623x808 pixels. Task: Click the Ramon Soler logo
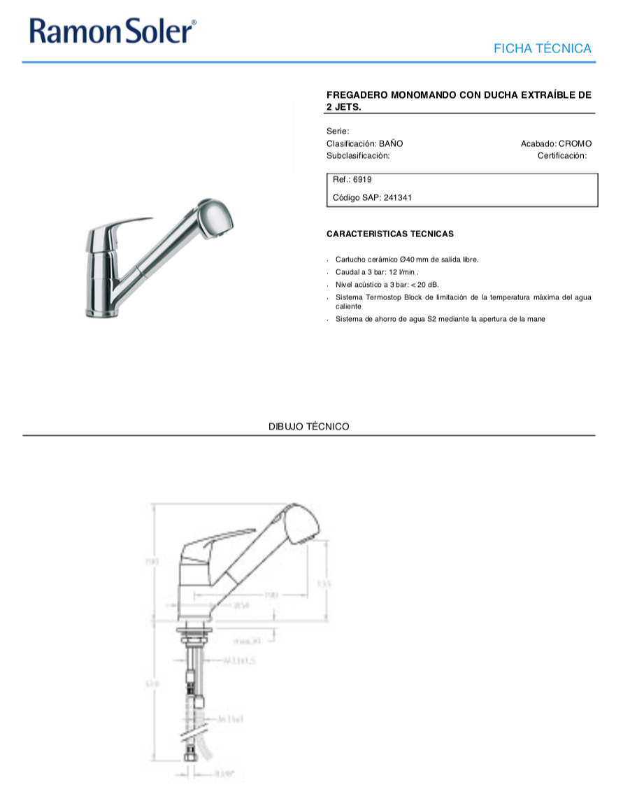113,31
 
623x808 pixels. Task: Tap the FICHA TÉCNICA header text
542,48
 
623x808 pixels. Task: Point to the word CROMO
575,143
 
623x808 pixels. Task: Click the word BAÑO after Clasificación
391,143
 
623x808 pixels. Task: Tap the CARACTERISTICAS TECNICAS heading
389,234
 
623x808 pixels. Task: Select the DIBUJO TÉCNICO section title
308,426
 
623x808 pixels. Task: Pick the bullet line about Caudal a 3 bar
376,271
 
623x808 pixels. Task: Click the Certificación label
561,155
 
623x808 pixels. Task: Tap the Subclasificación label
357,155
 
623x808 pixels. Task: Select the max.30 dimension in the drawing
247,640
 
